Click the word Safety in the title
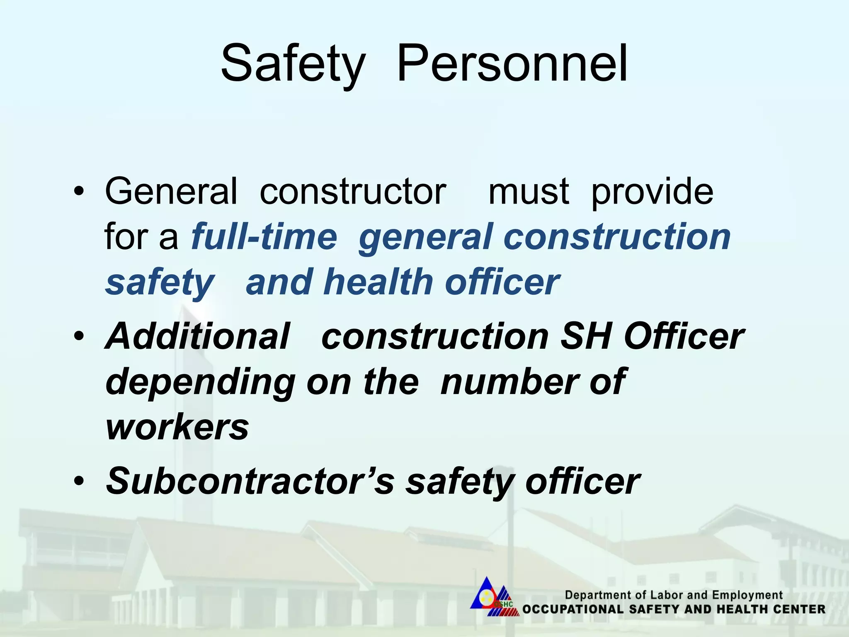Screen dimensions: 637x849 [293, 64]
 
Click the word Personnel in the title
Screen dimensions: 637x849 [512, 64]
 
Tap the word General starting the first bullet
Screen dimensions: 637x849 [171, 191]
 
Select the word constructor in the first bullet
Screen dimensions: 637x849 [353, 191]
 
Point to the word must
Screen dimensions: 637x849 [529, 191]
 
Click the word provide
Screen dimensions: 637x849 [652, 192]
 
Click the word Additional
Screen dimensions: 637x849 [198, 336]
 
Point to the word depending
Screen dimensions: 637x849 [201, 382]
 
